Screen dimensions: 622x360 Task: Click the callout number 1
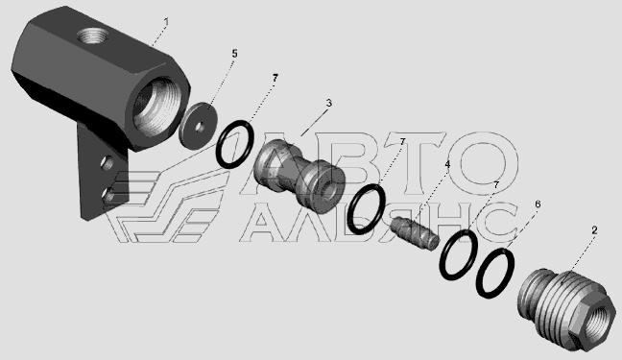[166, 22]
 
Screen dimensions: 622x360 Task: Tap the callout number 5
[234, 54]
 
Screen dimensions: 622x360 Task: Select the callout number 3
[329, 103]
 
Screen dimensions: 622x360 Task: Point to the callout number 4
[447, 164]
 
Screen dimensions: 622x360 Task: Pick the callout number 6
[538, 204]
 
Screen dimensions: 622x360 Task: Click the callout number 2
[594, 230]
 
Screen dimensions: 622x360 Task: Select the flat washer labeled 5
[198, 126]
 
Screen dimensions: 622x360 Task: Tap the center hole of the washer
[201, 128]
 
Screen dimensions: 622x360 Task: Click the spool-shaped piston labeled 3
[299, 176]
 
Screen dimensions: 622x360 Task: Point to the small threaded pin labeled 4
[415, 233]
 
